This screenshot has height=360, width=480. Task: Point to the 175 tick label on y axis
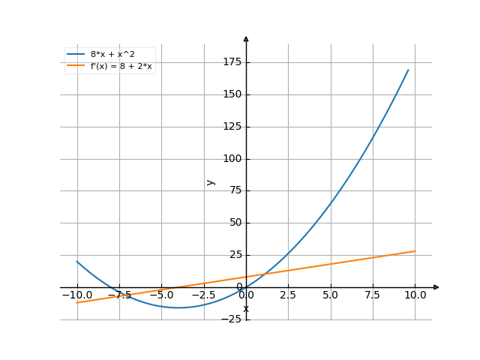[x=232, y=62]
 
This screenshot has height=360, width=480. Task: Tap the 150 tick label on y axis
[x=232, y=94]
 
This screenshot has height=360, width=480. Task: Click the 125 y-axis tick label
[x=232, y=127]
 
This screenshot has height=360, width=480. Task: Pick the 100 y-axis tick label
[x=232, y=159]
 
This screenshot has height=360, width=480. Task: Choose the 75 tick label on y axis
[x=235, y=190]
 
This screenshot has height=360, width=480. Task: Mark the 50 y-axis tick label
[x=235, y=223]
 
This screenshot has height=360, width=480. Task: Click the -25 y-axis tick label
[x=233, y=319]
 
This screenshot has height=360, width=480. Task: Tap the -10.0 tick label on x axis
[x=76, y=295]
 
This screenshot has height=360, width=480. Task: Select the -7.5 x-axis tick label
[x=118, y=295]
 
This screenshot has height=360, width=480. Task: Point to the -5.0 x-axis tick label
[x=160, y=295]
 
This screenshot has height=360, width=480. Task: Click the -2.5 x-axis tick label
[x=202, y=295]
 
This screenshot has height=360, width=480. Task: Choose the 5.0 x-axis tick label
[x=331, y=295]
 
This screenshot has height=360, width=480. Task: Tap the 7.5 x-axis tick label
[x=373, y=295]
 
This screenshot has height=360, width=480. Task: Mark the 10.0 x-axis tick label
[x=415, y=295]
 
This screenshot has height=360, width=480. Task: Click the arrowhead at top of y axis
[x=246, y=38]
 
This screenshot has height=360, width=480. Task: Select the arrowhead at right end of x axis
[x=436, y=287]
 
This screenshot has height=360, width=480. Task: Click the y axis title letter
[x=211, y=181]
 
